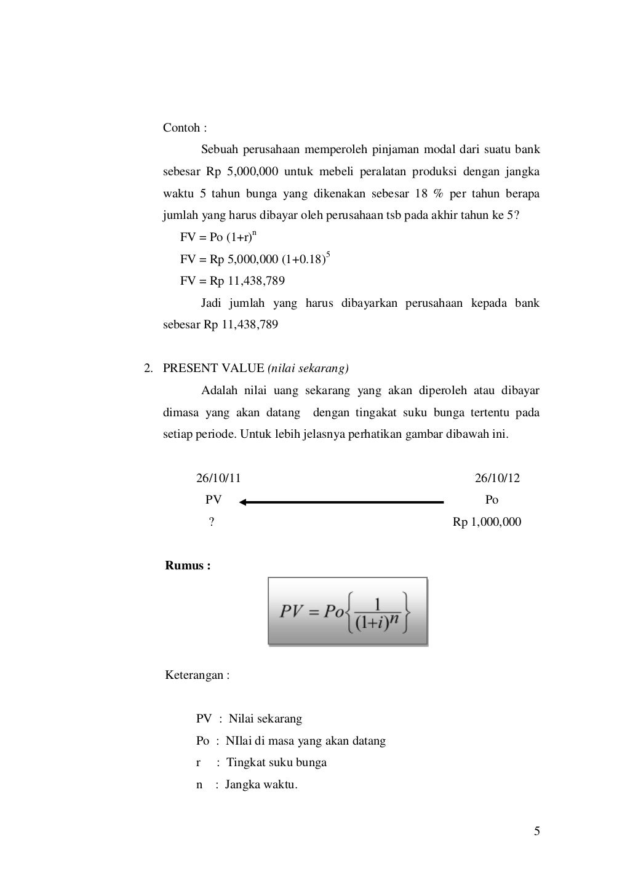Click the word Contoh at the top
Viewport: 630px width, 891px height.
point(181,128)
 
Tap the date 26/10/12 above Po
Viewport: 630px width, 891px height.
point(497,478)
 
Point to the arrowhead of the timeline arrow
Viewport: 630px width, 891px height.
point(244,502)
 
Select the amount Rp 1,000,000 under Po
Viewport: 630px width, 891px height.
point(487,522)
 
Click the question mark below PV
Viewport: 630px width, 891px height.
point(212,522)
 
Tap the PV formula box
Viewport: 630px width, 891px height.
point(348,611)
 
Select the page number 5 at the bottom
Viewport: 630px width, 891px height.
point(536,832)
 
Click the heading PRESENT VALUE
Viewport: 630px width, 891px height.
point(213,368)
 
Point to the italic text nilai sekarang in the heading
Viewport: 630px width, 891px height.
point(308,368)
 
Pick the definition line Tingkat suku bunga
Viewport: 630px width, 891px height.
point(276,762)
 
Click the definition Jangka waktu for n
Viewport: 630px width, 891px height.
point(261,785)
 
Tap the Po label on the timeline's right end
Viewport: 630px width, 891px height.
point(492,500)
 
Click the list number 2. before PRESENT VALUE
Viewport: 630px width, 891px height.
point(148,368)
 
